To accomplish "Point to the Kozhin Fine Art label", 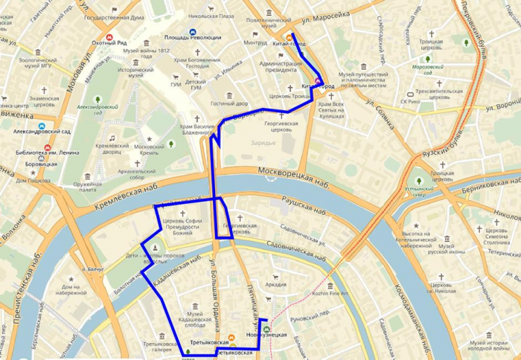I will [330, 294].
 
